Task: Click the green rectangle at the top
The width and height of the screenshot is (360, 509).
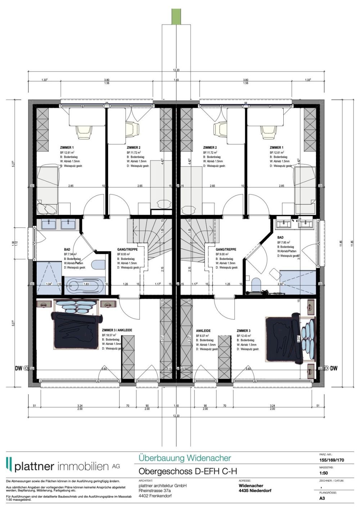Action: tap(176, 16)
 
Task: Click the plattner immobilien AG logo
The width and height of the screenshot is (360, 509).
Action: tap(63, 466)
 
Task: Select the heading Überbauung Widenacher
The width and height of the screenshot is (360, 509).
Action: tap(185, 458)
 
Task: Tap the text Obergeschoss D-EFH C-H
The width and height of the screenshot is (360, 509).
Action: tap(188, 471)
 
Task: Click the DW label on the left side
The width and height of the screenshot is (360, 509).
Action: tap(18, 368)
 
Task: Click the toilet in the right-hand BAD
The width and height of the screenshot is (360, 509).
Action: tap(256, 284)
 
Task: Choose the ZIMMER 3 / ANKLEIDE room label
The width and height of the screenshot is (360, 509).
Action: tap(117, 330)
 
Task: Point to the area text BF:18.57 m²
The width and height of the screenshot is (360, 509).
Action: tap(111, 335)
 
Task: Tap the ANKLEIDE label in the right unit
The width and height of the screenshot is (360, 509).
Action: tap(203, 330)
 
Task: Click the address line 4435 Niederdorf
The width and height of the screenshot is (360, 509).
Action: tap(255, 491)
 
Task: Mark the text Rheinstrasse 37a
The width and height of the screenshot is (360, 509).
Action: tap(154, 491)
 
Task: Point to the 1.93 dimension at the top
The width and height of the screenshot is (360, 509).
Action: tap(176, 80)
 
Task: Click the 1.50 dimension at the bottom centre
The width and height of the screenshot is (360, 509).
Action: tap(176, 406)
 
